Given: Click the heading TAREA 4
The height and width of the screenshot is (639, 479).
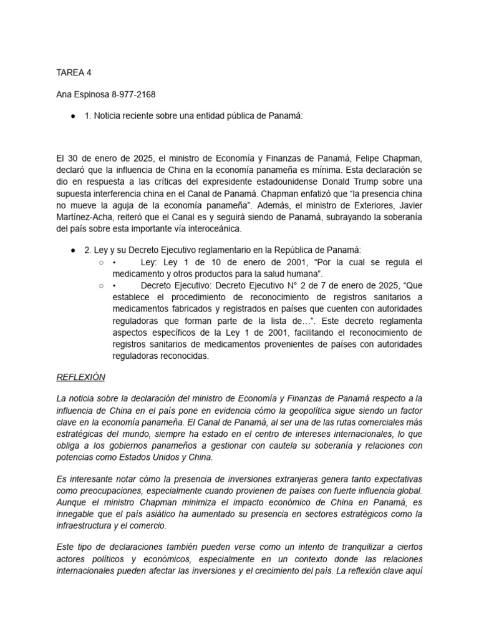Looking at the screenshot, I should (x=74, y=72).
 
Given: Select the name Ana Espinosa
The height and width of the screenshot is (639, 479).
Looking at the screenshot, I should (x=82, y=94).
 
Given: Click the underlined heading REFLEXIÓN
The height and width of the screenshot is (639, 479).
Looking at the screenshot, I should (x=81, y=378).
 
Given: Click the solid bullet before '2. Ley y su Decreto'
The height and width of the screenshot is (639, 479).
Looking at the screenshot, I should (x=73, y=250).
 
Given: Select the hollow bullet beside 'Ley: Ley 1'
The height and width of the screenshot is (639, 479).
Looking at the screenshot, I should (x=101, y=262).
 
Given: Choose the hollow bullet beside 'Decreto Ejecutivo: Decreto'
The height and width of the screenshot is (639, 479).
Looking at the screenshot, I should (x=101, y=285).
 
